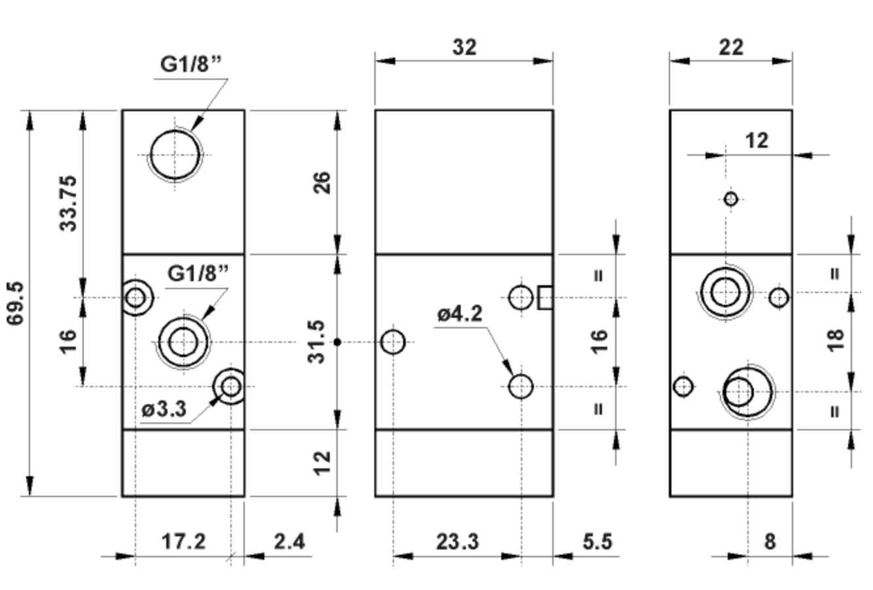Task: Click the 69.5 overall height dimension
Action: pos(15,302)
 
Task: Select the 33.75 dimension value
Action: pos(69,202)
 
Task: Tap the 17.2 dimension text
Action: pos(183,542)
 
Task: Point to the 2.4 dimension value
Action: pos(289,542)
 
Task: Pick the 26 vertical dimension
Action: pos(323,184)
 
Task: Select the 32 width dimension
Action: pos(464,47)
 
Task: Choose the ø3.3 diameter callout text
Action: pos(164,410)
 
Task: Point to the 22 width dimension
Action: pos(731,47)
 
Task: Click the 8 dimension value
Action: pos(770,542)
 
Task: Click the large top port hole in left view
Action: pos(174,155)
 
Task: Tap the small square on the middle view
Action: pos(545,298)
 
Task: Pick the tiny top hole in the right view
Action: pos(732,199)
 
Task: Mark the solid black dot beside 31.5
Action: pos(337,342)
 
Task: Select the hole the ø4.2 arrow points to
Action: pos(521,387)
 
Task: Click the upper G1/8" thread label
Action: pos(192,65)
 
